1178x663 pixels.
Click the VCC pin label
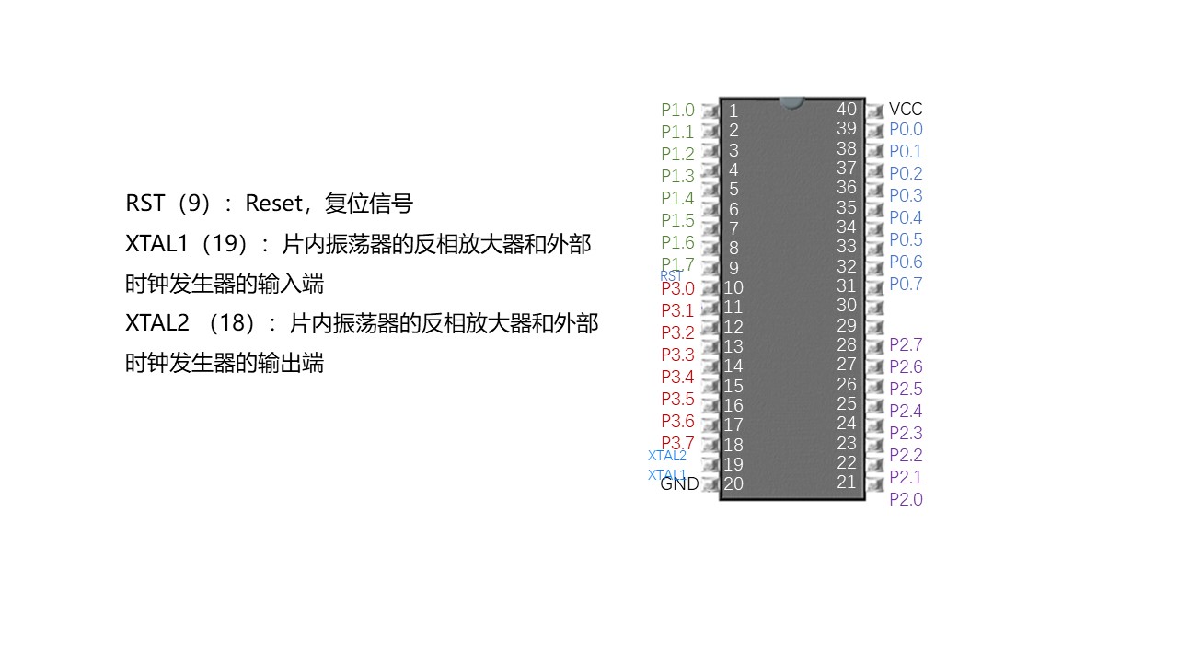(x=905, y=109)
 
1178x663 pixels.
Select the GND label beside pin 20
(x=679, y=483)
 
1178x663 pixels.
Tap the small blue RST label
(x=671, y=275)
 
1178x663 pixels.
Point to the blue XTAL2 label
(x=667, y=455)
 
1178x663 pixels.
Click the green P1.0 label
(x=677, y=110)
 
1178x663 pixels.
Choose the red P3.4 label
(x=677, y=377)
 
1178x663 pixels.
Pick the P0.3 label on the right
(x=905, y=195)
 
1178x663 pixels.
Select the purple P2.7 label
(x=905, y=344)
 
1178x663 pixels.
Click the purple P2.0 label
(x=905, y=499)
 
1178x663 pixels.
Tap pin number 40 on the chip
(x=846, y=109)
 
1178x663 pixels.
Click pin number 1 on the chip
(x=733, y=111)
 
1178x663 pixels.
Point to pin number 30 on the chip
(x=846, y=305)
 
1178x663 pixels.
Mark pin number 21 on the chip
(x=846, y=482)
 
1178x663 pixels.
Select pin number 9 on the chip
(x=733, y=268)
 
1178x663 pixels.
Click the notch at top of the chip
(x=791, y=102)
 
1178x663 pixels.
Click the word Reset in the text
(x=273, y=204)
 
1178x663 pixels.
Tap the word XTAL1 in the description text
(x=156, y=244)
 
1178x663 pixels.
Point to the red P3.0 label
(x=677, y=288)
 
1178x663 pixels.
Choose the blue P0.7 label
(x=905, y=284)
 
